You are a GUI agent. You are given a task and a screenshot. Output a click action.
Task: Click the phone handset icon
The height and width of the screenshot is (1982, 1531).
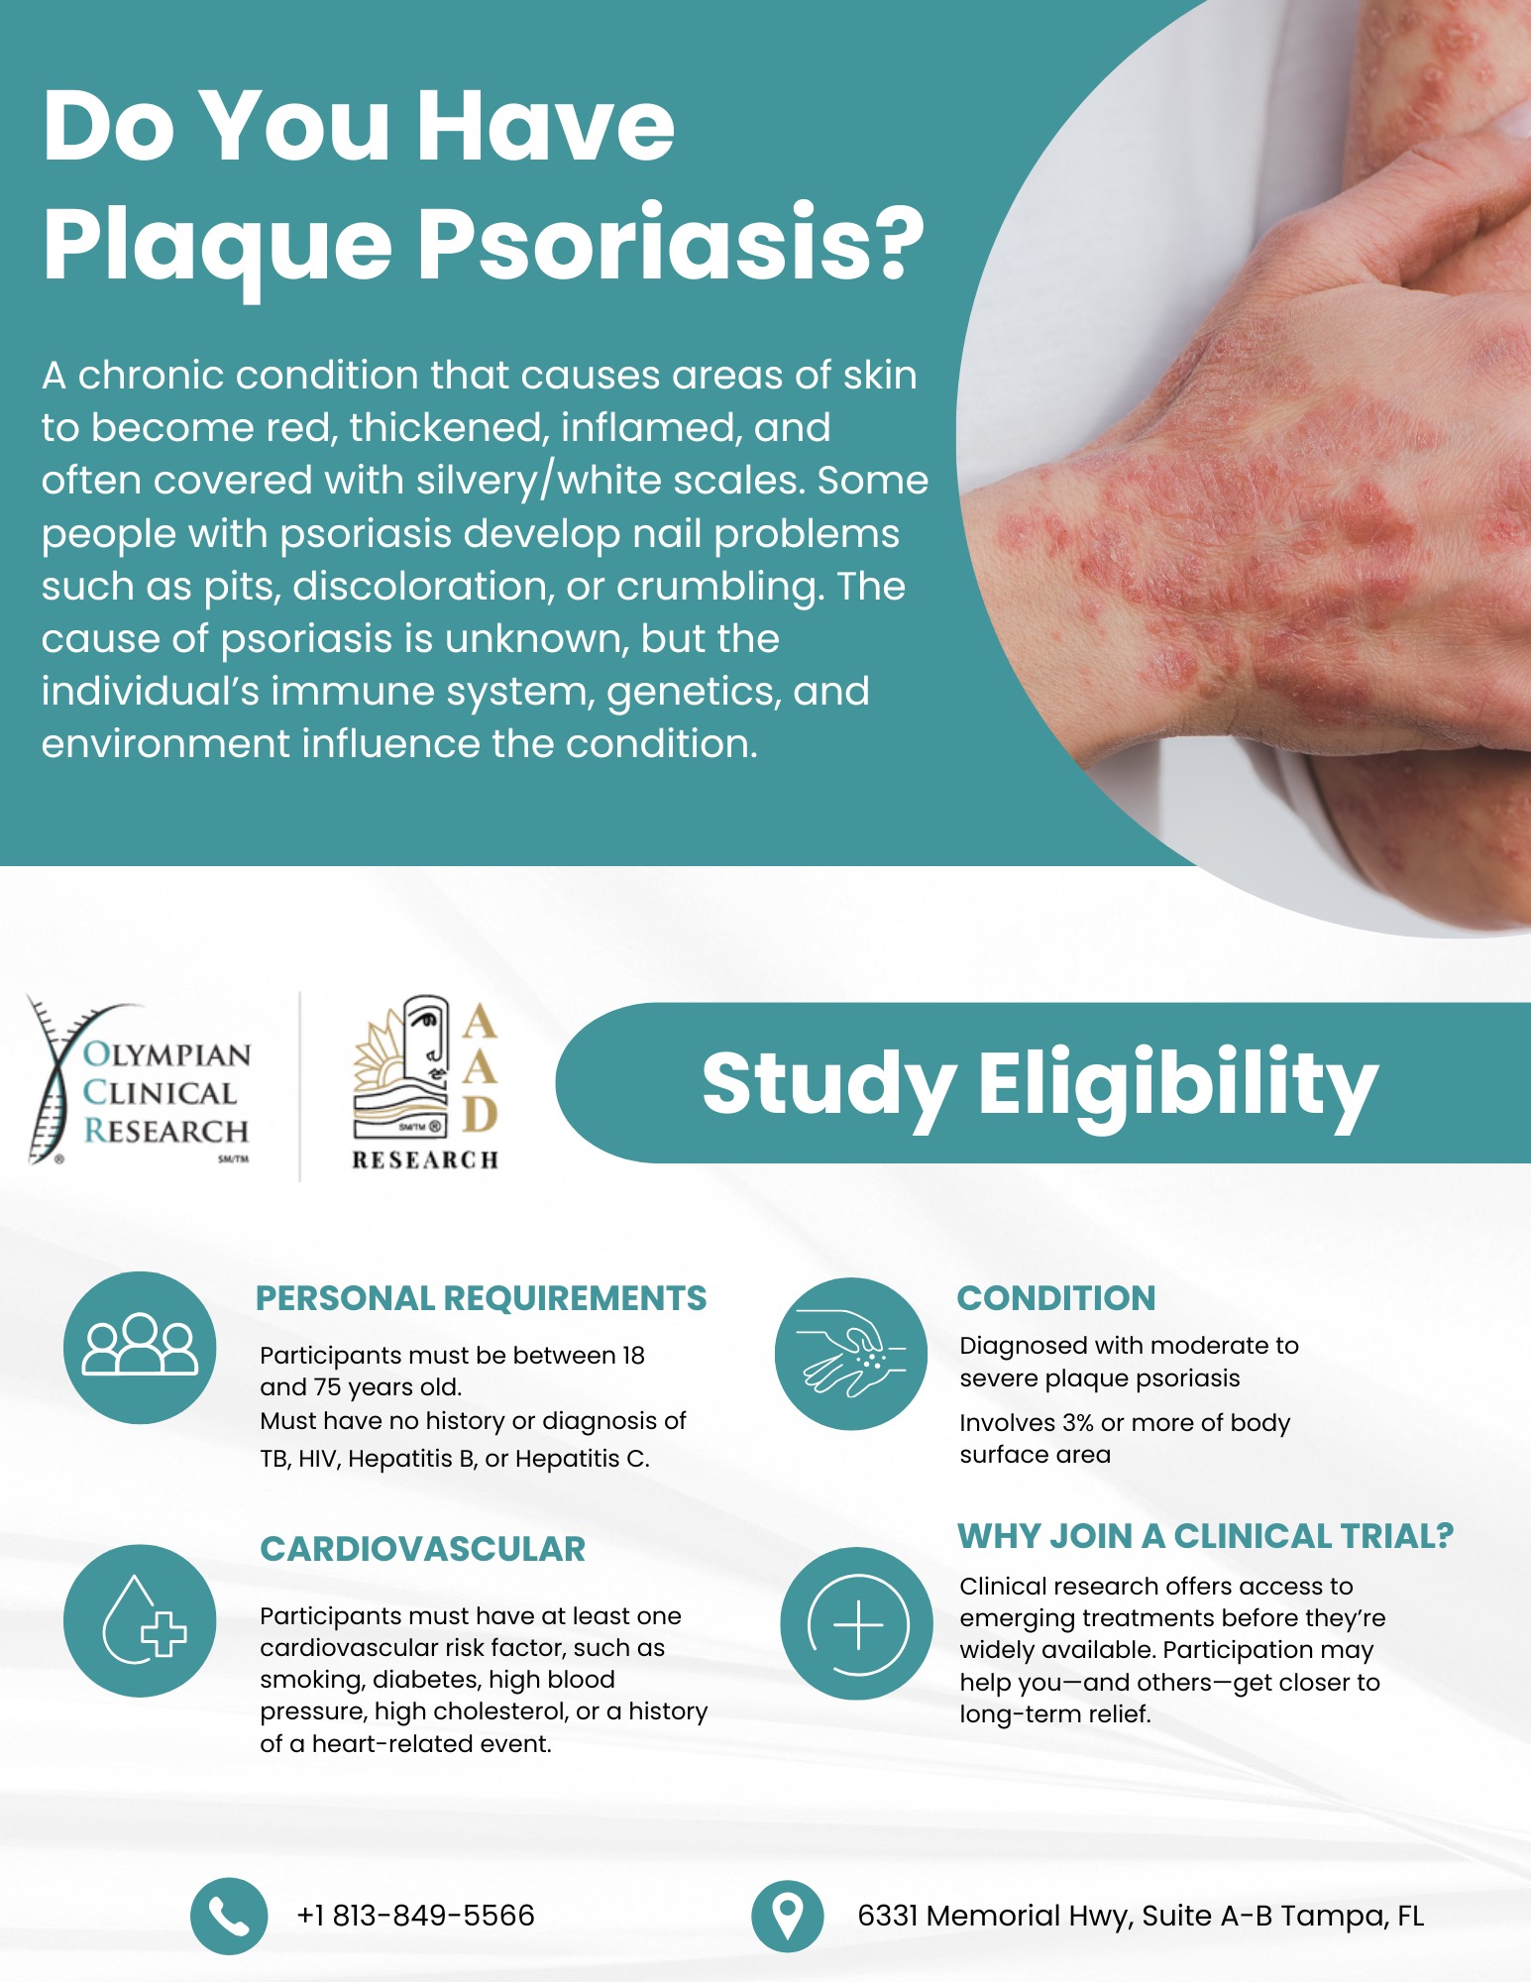pos(229,1916)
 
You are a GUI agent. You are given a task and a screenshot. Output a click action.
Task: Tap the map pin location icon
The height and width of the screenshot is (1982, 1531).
pos(787,1916)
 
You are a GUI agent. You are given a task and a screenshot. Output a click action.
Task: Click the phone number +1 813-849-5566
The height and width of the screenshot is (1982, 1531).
pos(415,1916)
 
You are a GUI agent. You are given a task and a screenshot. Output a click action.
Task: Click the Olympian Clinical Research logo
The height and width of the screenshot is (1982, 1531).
pos(139,1081)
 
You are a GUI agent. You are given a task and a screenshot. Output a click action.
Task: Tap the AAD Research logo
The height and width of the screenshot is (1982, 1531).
pos(425,1083)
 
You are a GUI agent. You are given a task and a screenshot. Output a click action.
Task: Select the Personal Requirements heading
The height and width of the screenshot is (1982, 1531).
pos(481,1298)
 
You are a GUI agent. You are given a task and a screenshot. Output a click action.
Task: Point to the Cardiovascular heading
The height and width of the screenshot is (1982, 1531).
pos(423,1549)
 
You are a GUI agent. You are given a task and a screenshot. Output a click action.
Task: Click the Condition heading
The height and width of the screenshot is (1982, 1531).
pos(1056,1298)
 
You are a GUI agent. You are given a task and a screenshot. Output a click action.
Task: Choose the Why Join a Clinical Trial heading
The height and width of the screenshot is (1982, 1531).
pos(1205,1536)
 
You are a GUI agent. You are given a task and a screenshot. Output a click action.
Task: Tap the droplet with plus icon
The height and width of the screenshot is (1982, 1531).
pos(140,1620)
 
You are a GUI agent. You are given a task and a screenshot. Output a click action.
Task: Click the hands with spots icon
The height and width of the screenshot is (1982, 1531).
pos(851,1354)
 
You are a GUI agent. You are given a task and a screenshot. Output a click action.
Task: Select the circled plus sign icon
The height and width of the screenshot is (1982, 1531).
pos(857,1623)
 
